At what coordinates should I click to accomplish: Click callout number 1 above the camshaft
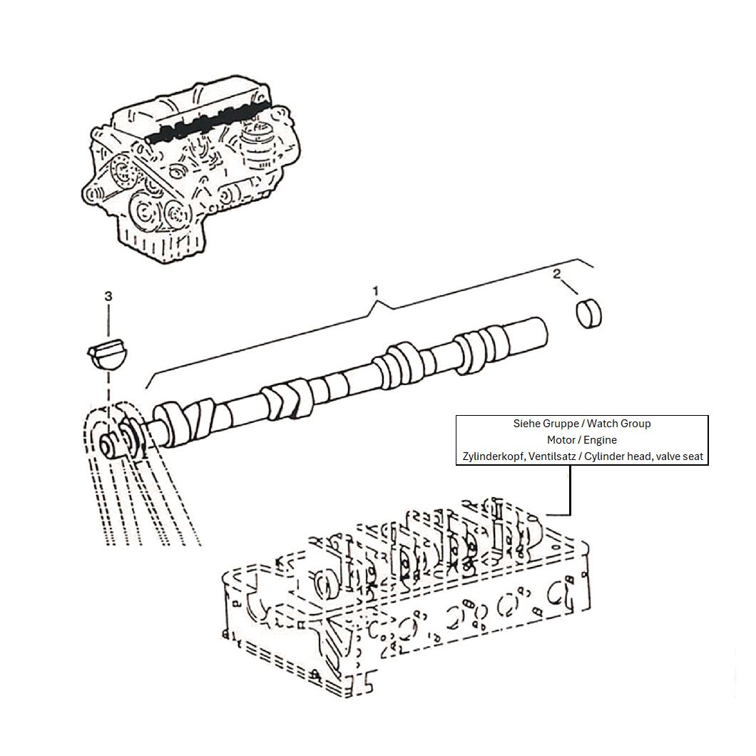pyautogui.click(x=376, y=291)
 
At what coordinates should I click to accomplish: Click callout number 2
pyautogui.click(x=557, y=274)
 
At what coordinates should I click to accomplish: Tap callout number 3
pyautogui.click(x=108, y=296)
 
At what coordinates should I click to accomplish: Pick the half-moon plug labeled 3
pyautogui.click(x=108, y=355)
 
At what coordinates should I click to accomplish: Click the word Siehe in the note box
pyautogui.click(x=526, y=424)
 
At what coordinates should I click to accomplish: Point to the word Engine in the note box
pyautogui.click(x=601, y=440)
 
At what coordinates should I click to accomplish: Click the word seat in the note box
pyautogui.click(x=693, y=456)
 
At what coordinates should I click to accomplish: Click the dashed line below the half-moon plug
pyautogui.click(x=109, y=387)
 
